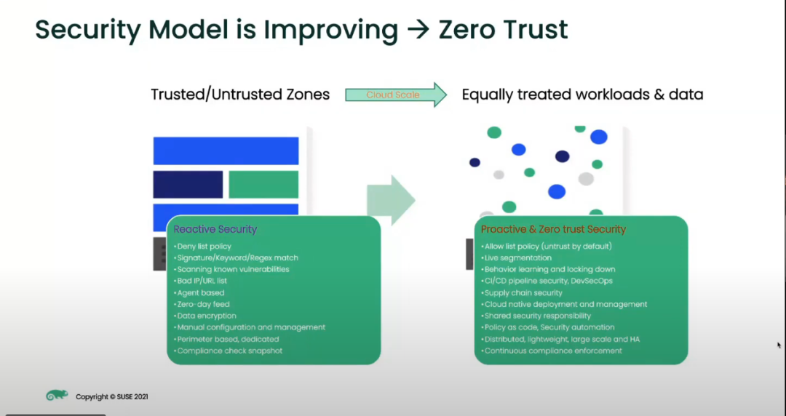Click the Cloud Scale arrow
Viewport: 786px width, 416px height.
pyautogui.click(x=395, y=95)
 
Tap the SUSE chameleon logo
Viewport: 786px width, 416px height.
pyautogui.click(x=57, y=396)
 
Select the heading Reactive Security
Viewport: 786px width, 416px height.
pyautogui.click(x=215, y=229)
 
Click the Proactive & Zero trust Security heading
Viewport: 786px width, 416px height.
pyautogui.click(x=553, y=229)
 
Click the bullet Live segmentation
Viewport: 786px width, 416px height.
pyautogui.click(x=516, y=257)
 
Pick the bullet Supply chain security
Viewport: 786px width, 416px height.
pyautogui.click(x=522, y=292)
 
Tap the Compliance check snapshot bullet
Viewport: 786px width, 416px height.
pyautogui.click(x=228, y=351)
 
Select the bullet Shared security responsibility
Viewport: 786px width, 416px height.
pyautogui.click(x=536, y=316)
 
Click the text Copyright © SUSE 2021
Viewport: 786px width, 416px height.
pyautogui.click(x=112, y=396)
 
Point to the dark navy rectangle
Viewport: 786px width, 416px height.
pyautogui.click(x=188, y=185)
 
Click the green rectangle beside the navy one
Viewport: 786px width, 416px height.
pyautogui.click(x=263, y=185)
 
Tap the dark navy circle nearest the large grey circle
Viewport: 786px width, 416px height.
pyautogui.click(x=563, y=156)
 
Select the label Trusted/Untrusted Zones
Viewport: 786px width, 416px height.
pyautogui.click(x=241, y=95)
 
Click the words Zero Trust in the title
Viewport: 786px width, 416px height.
pyautogui.click(x=504, y=30)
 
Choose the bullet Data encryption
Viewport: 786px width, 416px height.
pyautogui.click(x=205, y=316)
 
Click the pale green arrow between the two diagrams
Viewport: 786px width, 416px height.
pyautogui.click(x=391, y=200)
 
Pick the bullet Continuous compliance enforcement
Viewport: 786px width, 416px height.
pyautogui.click(x=552, y=351)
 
